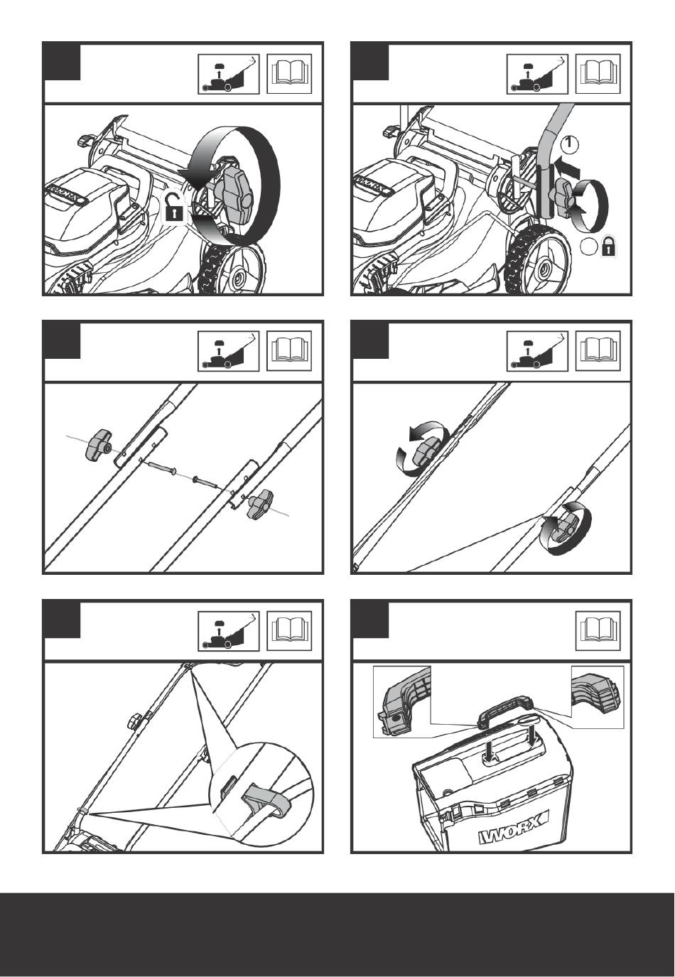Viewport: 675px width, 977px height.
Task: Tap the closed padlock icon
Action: coord(609,248)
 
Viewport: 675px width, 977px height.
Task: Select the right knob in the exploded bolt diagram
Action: coord(259,504)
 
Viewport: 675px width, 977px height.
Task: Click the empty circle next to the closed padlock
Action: coord(588,248)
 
